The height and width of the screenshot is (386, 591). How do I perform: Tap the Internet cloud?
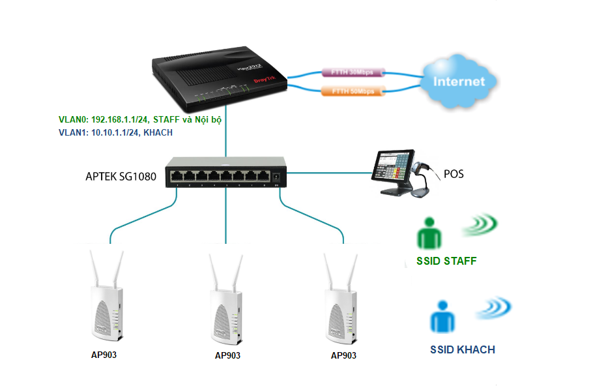point(459,82)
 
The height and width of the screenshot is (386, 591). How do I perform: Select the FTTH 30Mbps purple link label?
point(351,70)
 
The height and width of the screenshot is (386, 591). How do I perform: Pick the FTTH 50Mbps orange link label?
point(351,91)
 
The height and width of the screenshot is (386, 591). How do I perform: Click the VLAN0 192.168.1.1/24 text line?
point(145,121)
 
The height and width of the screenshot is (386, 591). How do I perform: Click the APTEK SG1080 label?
point(121,176)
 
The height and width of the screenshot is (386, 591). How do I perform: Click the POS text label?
point(455,174)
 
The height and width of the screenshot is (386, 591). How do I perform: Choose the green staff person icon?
point(429,233)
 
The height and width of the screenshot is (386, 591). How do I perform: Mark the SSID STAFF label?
point(446,261)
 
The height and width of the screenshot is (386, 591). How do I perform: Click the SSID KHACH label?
point(463,350)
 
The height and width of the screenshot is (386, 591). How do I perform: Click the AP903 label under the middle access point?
point(227,356)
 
